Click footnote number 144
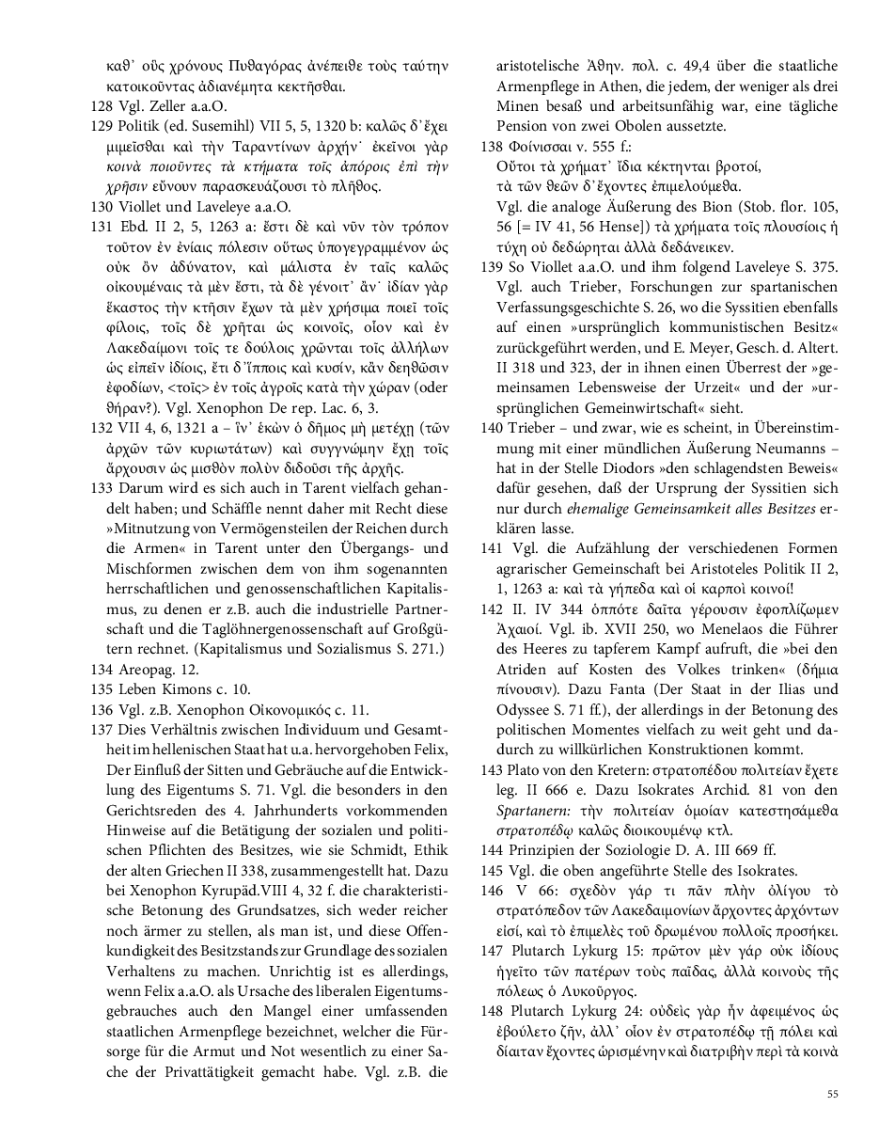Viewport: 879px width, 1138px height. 492,850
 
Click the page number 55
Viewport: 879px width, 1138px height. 833,1094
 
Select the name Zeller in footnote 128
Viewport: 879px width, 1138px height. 165,106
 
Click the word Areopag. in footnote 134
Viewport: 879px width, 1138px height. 159,669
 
